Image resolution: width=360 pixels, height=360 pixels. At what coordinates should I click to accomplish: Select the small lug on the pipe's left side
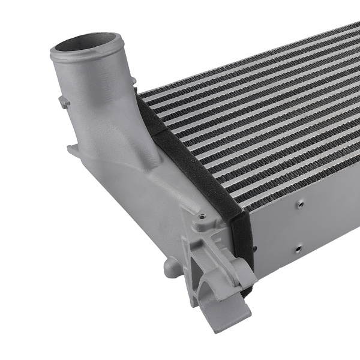(x=64, y=103)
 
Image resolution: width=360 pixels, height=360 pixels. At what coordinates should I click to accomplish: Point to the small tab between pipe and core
(x=133, y=80)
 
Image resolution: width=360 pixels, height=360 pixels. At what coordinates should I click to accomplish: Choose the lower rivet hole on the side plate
(x=298, y=247)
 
